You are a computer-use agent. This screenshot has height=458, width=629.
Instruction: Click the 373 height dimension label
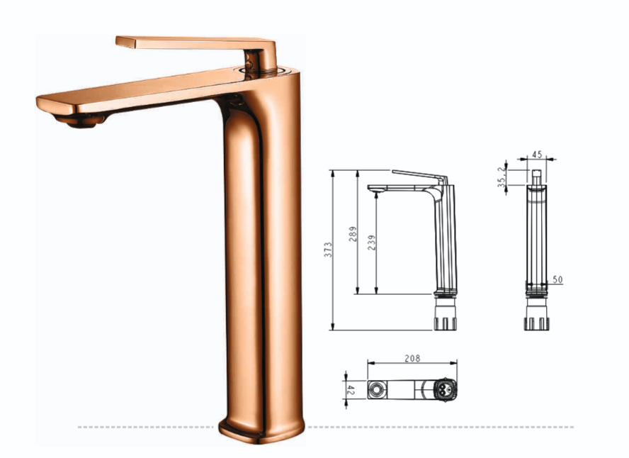328,249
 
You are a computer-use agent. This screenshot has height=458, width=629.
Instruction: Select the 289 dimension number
353,233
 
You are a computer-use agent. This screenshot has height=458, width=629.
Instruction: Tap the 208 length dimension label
412,359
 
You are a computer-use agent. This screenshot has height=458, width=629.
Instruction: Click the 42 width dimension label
349,389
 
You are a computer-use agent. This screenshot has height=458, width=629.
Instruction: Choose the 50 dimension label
557,280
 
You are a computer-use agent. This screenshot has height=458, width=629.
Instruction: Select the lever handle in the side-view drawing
418,175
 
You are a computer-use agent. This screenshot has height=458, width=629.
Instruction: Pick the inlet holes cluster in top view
443,389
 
